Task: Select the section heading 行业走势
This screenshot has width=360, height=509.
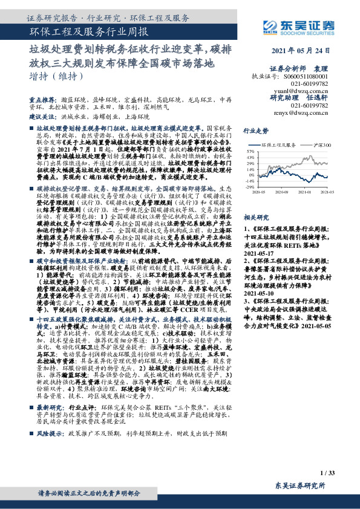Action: (x=256, y=130)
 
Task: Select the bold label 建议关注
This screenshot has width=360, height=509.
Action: (x=39, y=115)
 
